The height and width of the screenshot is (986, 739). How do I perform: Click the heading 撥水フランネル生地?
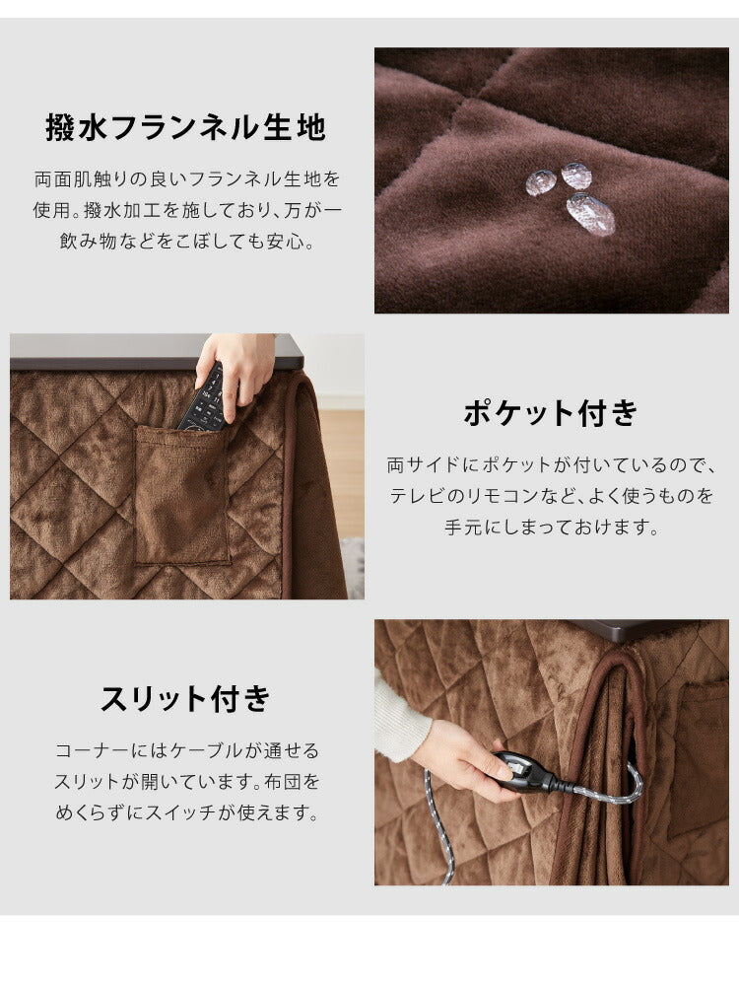185,128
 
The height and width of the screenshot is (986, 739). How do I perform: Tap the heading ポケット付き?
551,413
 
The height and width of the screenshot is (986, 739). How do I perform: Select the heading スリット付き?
185,699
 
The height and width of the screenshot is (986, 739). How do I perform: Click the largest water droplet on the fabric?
591,213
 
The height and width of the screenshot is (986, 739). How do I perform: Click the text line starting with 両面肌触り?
187,179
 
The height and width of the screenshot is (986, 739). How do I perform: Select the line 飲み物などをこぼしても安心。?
187,242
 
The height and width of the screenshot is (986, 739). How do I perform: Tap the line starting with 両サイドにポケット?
551,464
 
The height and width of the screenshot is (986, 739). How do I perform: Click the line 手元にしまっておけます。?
551,527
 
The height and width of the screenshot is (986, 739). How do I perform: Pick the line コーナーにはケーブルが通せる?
187,751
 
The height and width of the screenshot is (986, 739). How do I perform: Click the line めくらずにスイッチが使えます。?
187,813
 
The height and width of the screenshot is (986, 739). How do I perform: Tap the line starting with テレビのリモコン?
551,495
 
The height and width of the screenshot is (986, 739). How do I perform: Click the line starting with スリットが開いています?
187,782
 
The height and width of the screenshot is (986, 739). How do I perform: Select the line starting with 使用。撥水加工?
187,210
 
